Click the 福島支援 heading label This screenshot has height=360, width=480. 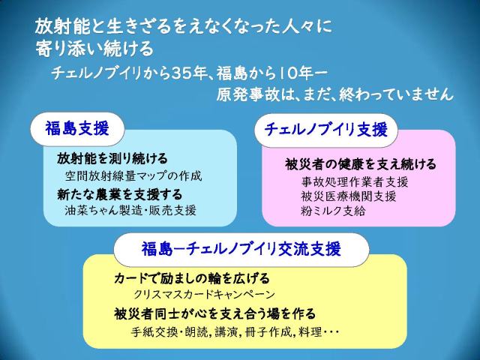(x=77, y=128)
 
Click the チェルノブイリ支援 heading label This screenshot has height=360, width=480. (x=326, y=130)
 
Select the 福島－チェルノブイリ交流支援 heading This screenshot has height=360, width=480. (x=241, y=248)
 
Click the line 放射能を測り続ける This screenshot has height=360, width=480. (x=112, y=158)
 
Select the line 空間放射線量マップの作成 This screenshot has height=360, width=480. (x=133, y=175)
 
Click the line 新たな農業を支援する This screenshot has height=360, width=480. (x=120, y=195)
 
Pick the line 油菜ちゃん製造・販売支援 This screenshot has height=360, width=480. (x=130, y=211)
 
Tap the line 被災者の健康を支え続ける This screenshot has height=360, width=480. (x=361, y=164)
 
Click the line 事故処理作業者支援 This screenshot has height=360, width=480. (x=355, y=181)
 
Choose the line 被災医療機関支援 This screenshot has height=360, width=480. (x=348, y=196)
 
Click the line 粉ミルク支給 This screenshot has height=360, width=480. (x=333, y=211)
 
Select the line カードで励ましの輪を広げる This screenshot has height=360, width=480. (x=192, y=278)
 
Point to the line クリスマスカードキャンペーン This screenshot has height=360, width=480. (x=205, y=295)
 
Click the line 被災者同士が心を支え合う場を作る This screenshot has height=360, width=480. (x=214, y=313)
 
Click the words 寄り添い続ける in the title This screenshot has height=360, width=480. (x=94, y=48)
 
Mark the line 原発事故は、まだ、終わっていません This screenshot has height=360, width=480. (x=334, y=94)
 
